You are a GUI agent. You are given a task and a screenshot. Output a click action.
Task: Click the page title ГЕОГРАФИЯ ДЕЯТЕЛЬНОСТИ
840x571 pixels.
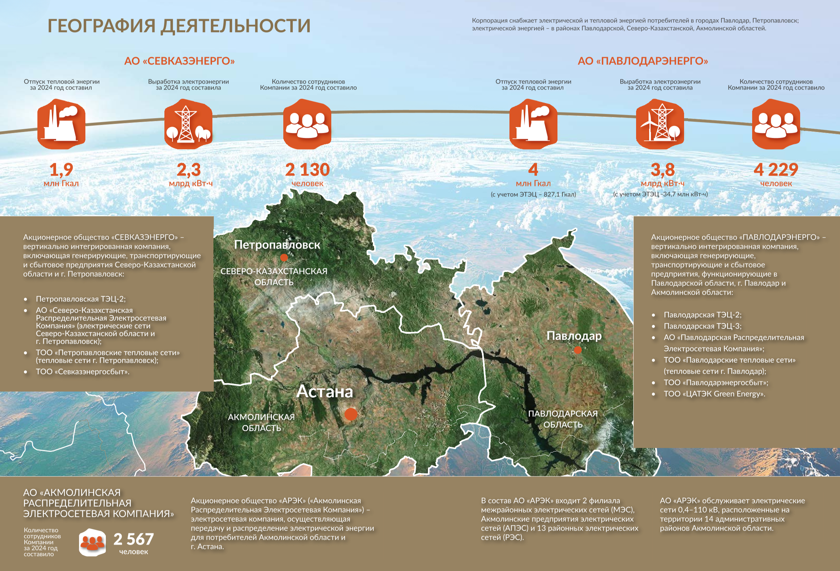pyautogui.click(x=179, y=26)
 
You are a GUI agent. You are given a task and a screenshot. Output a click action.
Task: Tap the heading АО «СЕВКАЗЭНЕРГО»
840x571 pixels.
pyautogui.click(x=179, y=61)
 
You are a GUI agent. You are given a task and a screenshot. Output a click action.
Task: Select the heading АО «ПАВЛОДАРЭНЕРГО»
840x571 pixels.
pyautogui.click(x=643, y=61)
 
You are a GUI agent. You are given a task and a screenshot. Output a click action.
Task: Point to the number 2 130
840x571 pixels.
pyautogui.click(x=307, y=170)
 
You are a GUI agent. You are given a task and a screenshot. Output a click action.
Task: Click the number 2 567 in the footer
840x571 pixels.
pyautogui.click(x=133, y=539)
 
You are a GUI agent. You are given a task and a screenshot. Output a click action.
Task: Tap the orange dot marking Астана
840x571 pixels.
pyautogui.click(x=351, y=414)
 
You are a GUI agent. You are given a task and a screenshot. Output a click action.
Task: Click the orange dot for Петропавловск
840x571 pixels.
pyautogui.click(x=284, y=258)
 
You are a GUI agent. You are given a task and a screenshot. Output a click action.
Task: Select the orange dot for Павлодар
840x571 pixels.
pyautogui.click(x=578, y=350)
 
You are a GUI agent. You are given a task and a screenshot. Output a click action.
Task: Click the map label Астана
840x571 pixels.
pyautogui.click(x=324, y=391)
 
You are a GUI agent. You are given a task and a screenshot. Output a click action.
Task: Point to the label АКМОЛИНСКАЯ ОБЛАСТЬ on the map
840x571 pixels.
pyautogui.click(x=261, y=422)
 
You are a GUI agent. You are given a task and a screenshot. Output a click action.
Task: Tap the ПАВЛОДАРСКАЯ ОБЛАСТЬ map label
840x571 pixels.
pyautogui.click(x=563, y=419)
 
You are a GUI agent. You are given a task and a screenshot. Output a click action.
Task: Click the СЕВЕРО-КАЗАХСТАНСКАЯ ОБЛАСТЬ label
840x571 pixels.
pyautogui.click(x=274, y=277)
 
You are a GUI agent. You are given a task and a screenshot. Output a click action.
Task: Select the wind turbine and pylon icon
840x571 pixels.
pyautogui.click(x=660, y=123)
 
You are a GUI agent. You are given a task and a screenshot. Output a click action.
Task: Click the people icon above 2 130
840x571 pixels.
pyautogui.click(x=307, y=123)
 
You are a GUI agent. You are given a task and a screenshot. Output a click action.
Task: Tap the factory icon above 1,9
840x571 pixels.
pyautogui.click(x=61, y=123)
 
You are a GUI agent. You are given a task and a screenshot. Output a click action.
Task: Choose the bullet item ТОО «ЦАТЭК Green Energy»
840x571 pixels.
pyautogui.click(x=714, y=394)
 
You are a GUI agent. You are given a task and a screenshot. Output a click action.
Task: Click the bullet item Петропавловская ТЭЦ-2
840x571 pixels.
pyautogui.click(x=80, y=299)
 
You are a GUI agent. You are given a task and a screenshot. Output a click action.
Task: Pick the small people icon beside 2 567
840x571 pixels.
pyautogui.click(x=92, y=542)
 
